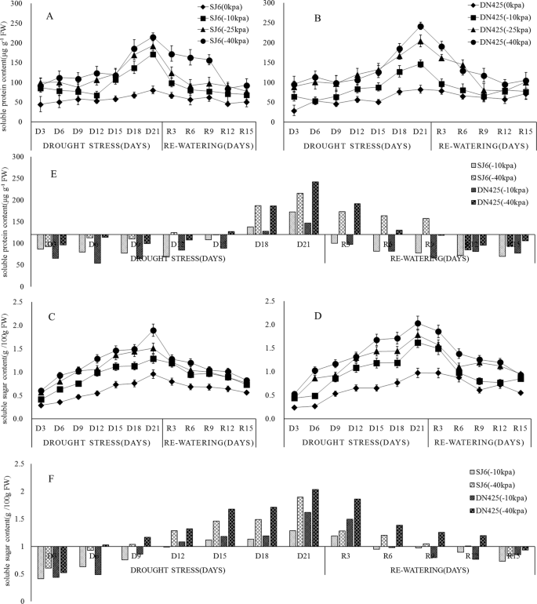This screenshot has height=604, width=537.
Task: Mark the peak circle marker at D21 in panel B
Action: [420, 27]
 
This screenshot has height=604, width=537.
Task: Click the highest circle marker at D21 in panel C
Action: [154, 330]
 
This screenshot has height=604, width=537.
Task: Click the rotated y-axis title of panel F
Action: [8, 521]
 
